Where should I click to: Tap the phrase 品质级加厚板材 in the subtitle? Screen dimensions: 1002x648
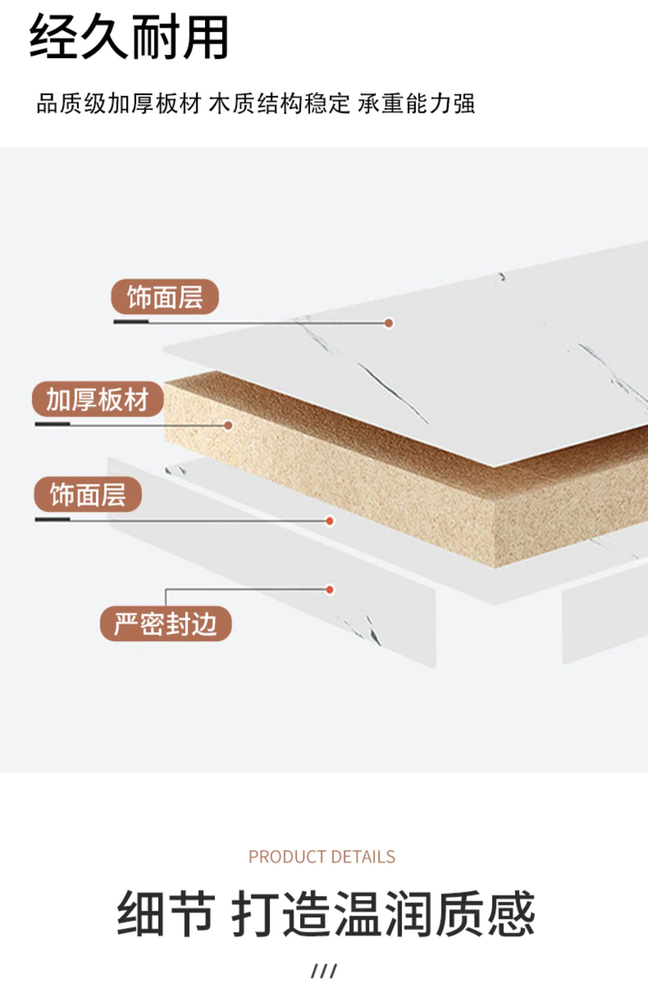(x=119, y=104)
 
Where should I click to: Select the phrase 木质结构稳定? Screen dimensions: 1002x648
(x=279, y=104)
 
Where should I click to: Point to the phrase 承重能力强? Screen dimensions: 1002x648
(x=416, y=104)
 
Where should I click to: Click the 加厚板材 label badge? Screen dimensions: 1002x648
(x=98, y=399)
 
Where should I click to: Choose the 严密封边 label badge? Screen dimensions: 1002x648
(x=165, y=624)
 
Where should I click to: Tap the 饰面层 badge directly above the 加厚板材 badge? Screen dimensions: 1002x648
(x=165, y=297)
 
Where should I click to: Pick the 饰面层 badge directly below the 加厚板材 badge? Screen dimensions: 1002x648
(x=88, y=495)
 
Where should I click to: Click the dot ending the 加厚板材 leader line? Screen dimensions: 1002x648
(x=228, y=425)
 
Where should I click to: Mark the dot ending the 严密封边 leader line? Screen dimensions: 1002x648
(x=330, y=590)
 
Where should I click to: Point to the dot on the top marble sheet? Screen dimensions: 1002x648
(x=389, y=323)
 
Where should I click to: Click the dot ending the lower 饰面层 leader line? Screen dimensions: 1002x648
(x=330, y=521)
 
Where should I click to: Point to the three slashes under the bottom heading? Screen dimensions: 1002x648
(x=324, y=971)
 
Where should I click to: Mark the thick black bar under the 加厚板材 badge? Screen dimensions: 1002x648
(x=52, y=424)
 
